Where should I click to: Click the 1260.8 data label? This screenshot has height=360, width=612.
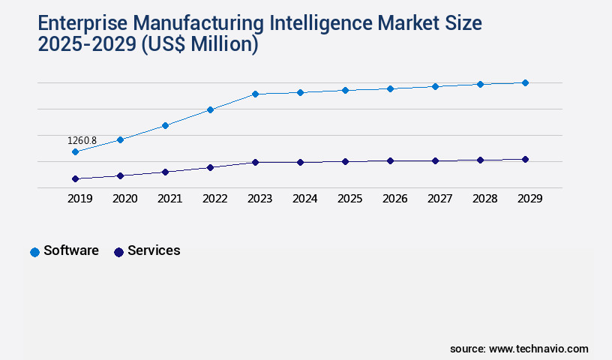click(82, 140)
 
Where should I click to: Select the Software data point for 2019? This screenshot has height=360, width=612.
click(75, 151)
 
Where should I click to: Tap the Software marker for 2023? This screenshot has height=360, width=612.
click(255, 94)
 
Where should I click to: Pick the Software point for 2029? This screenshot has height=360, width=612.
click(525, 82)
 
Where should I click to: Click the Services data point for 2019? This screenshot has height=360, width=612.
click(75, 178)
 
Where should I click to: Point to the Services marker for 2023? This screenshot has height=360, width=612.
click(255, 162)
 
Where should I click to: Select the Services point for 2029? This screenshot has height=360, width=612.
click(525, 159)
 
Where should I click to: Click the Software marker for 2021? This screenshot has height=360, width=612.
click(165, 125)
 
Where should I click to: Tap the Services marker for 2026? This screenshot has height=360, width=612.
click(390, 160)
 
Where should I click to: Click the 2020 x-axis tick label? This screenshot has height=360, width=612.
click(124, 199)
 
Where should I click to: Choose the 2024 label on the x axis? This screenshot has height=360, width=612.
click(304, 199)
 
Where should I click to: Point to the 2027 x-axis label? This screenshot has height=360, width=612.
click(439, 199)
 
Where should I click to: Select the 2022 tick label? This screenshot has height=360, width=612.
click(214, 199)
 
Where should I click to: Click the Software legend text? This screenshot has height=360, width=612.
click(71, 250)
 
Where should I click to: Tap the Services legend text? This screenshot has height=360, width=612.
click(154, 250)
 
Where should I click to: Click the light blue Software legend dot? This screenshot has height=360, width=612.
click(34, 252)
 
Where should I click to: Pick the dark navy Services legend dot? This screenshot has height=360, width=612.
click(118, 252)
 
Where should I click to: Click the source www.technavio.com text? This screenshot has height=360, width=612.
click(519, 349)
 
